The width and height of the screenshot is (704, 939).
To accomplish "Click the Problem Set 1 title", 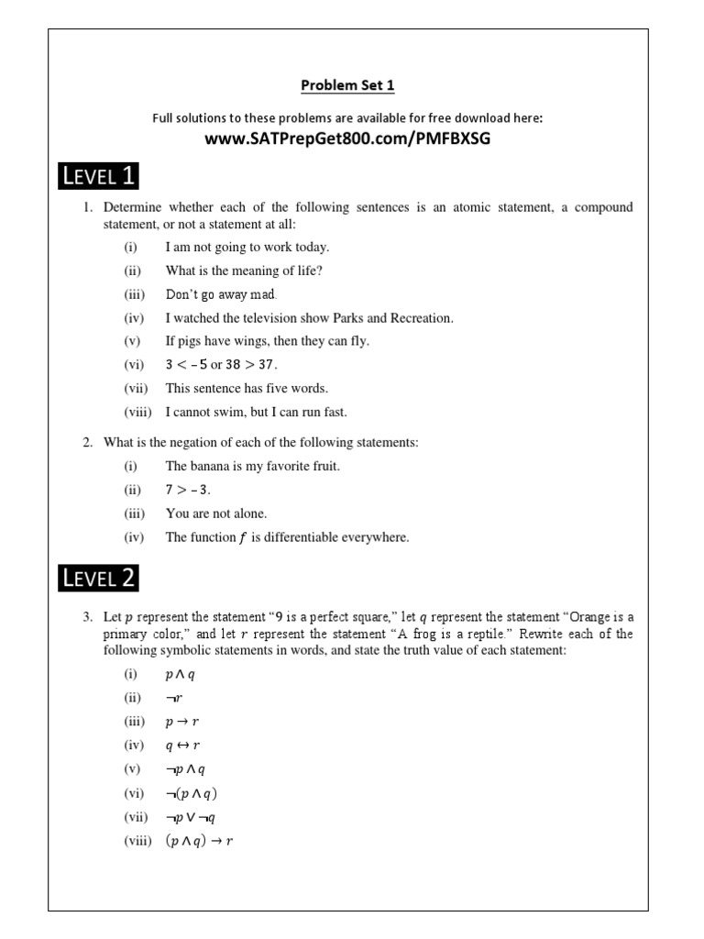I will click(x=347, y=86).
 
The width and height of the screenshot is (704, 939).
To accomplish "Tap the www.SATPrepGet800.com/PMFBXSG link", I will click(x=347, y=138).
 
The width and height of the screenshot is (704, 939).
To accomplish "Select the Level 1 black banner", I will click(x=99, y=176).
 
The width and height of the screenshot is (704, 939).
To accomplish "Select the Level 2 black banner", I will click(x=99, y=578).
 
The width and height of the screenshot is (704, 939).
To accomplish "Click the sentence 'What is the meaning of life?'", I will click(x=244, y=271).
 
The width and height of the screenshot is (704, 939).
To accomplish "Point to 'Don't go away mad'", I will click(x=220, y=294).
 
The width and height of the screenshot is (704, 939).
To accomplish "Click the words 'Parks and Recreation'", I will click(x=398, y=318).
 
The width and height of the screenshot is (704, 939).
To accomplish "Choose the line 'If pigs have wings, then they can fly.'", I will click(x=267, y=341).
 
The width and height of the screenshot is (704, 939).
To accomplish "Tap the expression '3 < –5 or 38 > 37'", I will click(x=221, y=364).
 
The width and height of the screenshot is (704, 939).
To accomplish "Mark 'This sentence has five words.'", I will click(x=246, y=388).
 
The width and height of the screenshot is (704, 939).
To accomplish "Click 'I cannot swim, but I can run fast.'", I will click(x=269, y=412).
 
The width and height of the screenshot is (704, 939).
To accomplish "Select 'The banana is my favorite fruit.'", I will click(x=252, y=466).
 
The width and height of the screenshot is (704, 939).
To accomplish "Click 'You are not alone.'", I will click(x=216, y=514).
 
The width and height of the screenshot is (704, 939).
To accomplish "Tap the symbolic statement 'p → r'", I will click(x=181, y=722).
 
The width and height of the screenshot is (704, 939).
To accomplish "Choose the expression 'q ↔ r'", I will click(x=182, y=746).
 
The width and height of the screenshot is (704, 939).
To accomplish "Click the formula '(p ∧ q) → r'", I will click(x=199, y=841).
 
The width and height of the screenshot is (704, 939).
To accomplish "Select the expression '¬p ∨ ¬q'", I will click(x=190, y=817).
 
